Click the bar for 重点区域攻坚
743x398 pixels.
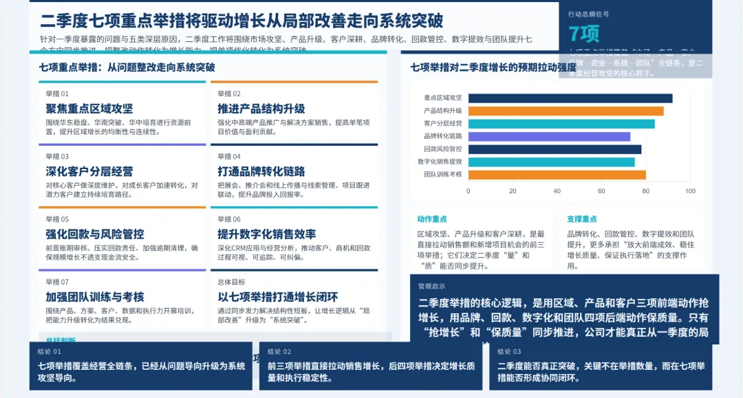click(x=570, y=98)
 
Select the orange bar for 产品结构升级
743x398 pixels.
click(x=566, y=111)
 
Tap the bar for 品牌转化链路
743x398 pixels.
click(x=549, y=136)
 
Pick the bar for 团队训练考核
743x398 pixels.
click(x=557, y=175)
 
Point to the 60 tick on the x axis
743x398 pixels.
click(x=601, y=191)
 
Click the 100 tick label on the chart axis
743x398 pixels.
click(x=690, y=191)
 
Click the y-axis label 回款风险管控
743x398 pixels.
click(x=442, y=149)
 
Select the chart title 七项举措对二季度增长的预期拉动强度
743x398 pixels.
click(x=493, y=67)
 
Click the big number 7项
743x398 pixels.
click(x=584, y=34)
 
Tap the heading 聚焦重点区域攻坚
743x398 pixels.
click(x=89, y=109)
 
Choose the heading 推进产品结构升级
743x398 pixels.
click(x=261, y=109)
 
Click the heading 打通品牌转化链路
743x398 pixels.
click(x=261, y=171)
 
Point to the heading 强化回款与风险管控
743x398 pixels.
click(x=94, y=234)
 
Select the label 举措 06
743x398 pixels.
click(x=229, y=219)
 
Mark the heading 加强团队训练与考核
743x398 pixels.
click(x=94, y=297)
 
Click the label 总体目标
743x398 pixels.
click(x=230, y=282)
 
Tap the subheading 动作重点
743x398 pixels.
click(x=431, y=219)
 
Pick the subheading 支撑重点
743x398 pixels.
click(x=581, y=219)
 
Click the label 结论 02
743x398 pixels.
click(x=279, y=351)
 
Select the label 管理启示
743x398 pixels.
click(x=431, y=286)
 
